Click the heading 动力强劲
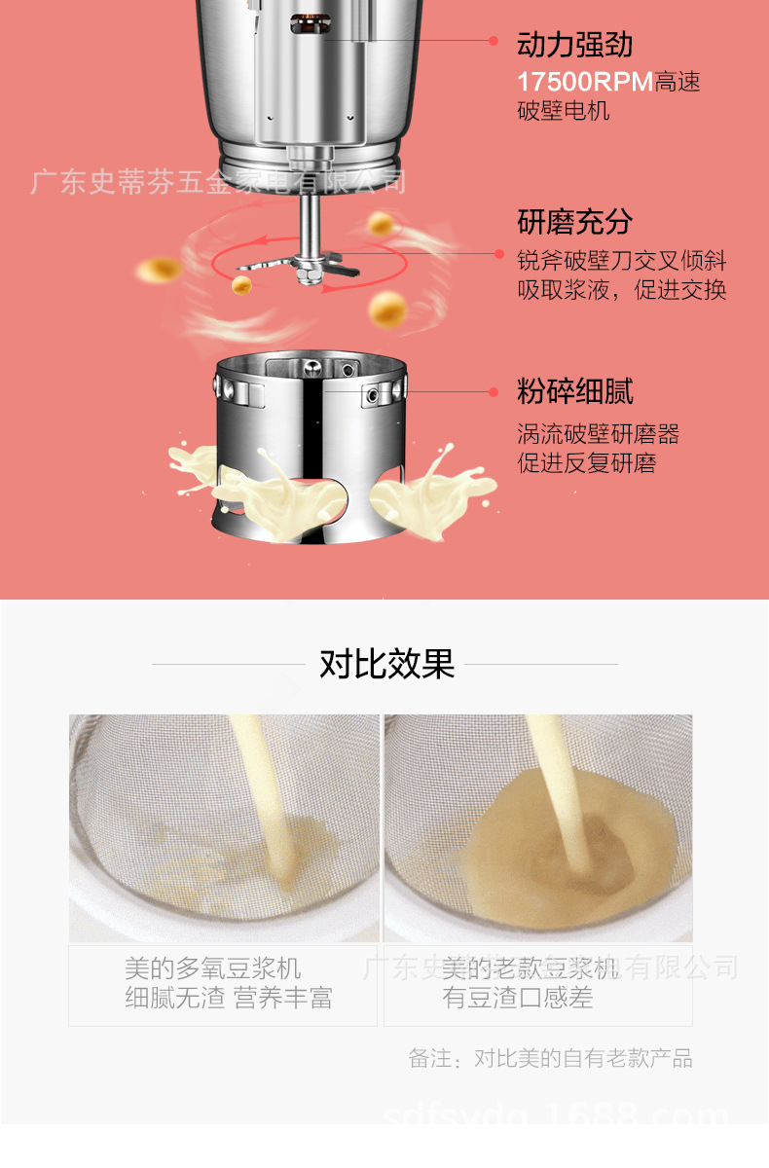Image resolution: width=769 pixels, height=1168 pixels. (574, 44)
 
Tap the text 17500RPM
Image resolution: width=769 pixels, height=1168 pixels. (585, 82)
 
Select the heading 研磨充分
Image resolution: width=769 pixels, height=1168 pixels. (574, 222)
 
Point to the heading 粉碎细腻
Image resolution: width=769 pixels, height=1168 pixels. (574, 392)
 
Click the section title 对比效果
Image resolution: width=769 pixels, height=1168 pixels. (386, 664)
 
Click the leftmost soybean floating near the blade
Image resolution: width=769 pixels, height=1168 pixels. (158, 268)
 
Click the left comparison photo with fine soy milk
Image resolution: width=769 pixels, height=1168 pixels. (223, 827)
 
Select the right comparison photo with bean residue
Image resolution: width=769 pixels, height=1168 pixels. (538, 827)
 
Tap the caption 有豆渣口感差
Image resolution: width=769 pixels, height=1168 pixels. (518, 998)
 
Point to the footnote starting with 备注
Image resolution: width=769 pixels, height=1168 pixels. (550, 1058)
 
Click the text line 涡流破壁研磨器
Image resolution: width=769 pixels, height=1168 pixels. (598, 434)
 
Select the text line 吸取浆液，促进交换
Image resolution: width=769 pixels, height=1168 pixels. (621, 290)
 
